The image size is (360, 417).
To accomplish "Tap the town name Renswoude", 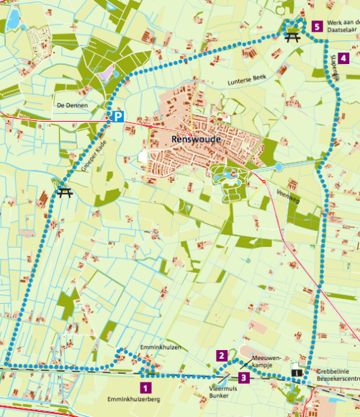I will [195, 138].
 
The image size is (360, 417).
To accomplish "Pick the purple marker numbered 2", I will [222, 355].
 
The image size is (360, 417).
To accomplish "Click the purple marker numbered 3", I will [244, 377].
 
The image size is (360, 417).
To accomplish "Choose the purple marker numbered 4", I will [344, 58].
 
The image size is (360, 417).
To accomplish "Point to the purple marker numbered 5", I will [318, 27].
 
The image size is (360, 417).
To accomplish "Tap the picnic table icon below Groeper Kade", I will [64, 192].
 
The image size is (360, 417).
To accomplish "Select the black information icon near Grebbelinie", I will [296, 372].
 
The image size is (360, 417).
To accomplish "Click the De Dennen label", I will [71, 105].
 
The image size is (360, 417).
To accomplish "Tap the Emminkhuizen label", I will [159, 348].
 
